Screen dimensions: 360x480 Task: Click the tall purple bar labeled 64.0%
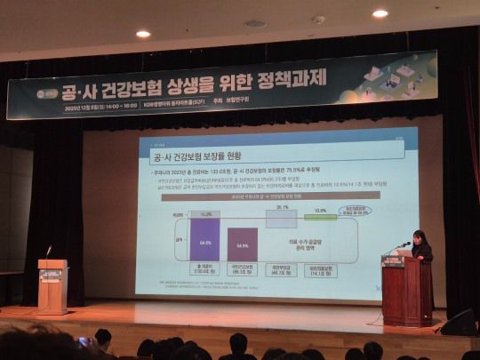205,241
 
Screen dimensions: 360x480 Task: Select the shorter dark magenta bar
242,244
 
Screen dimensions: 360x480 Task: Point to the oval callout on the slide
358,212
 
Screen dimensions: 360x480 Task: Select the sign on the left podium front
51,275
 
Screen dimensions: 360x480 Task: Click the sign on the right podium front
393,261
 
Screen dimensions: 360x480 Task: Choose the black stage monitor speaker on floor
459,323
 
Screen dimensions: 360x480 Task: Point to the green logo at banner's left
43,93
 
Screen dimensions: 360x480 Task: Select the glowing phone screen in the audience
84,341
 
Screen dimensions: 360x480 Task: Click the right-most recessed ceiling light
380,13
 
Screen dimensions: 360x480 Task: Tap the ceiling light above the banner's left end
143,34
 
